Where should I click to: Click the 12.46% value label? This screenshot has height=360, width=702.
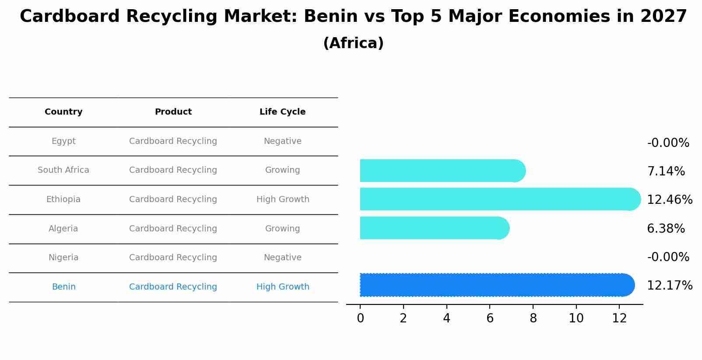coord(669,200)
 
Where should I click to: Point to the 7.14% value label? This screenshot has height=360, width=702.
coord(666,171)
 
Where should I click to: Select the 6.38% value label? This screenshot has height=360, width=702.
coord(666,229)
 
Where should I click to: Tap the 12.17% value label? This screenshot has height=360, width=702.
coord(669,286)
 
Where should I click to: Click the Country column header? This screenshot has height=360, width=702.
coord(63,112)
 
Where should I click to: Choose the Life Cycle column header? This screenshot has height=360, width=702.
coord(282,112)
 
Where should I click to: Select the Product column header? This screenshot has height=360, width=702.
coord(173,112)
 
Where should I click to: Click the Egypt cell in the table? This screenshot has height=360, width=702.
coord(63,141)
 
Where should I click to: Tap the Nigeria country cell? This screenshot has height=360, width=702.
coord(63,258)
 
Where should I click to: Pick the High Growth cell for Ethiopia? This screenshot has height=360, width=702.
coord(283,199)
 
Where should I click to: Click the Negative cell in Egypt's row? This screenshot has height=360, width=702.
coord(282,141)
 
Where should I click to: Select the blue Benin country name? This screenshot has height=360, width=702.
coord(63,287)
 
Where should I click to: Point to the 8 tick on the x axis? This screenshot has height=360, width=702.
coord(533,318)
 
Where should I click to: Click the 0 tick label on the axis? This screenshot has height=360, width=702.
coord(360,318)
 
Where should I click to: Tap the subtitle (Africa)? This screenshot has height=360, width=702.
coord(353,43)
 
